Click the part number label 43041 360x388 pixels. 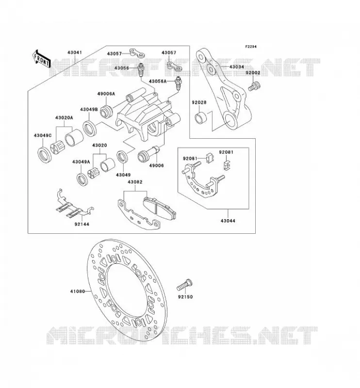click(75, 53)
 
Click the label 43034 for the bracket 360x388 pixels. click(237, 67)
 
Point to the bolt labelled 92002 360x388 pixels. click(255, 86)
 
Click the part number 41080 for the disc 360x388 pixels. click(77, 291)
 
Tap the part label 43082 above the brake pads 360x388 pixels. click(135, 182)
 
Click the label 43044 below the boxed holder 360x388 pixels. click(228, 221)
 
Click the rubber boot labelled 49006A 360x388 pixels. click(107, 113)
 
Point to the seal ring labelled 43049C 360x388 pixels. click(45, 155)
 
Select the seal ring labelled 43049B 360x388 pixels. click(89, 128)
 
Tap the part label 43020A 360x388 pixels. click(64, 118)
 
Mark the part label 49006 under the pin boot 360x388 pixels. click(156, 165)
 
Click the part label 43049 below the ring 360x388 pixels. click(123, 175)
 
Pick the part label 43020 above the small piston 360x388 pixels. click(99, 145)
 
